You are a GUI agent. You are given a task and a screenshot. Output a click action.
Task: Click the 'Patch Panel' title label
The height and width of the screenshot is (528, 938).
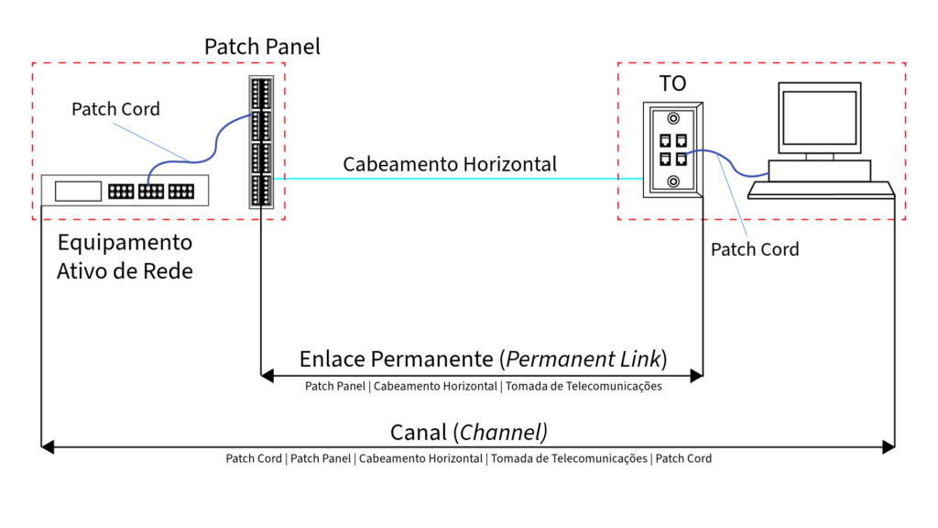click(x=262, y=46)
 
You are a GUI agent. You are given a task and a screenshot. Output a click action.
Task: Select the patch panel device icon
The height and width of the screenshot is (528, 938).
click(x=261, y=141)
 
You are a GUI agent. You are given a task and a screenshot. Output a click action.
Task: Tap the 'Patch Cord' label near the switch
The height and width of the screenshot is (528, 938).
click(x=115, y=109)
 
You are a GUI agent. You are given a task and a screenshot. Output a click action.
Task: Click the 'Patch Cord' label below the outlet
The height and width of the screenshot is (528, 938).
click(x=755, y=249)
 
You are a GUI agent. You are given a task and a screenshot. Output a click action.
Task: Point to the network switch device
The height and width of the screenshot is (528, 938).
click(x=125, y=192)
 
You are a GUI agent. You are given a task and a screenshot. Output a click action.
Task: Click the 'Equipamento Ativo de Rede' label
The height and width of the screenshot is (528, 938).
click(x=125, y=257)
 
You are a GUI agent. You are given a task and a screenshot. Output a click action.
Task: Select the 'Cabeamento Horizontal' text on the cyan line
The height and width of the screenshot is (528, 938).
click(x=450, y=164)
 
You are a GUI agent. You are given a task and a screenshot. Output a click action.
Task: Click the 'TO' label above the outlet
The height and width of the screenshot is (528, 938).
click(x=672, y=84)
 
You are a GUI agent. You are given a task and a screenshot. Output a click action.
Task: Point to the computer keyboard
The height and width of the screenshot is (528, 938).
click(x=821, y=190)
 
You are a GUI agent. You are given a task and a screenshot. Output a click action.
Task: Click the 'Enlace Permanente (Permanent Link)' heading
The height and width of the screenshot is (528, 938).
click(x=483, y=358)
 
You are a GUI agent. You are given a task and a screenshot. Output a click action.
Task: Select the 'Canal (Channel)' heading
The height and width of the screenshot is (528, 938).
click(x=469, y=432)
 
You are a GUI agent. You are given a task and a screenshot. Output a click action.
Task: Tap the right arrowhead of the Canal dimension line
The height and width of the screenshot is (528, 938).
click(x=888, y=447)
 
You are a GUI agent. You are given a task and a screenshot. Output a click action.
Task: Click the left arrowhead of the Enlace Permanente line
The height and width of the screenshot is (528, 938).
click(x=267, y=374)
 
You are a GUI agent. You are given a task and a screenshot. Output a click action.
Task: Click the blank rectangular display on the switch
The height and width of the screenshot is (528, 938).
click(x=77, y=192)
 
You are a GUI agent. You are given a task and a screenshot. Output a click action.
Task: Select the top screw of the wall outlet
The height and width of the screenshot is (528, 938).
click(x=673, y=118)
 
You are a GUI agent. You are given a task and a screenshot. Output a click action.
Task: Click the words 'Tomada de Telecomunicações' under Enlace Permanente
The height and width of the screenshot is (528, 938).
click(x=584, y=387)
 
